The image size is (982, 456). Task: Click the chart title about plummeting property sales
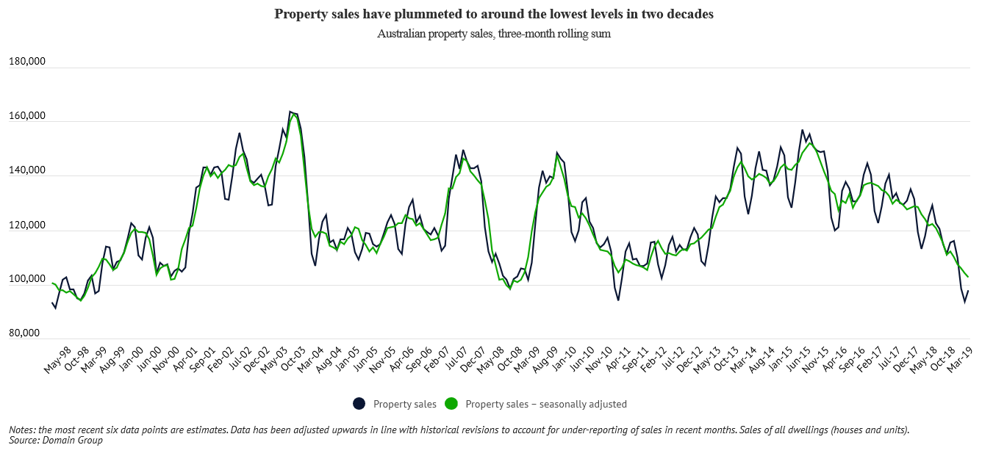494,14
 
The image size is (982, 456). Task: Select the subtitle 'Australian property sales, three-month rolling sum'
494,34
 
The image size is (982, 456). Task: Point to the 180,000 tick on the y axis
27,62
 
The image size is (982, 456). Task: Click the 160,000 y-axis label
27,116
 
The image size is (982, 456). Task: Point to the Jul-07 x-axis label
458,359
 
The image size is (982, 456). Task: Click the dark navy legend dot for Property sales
359,403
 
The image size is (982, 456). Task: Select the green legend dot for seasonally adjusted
452,403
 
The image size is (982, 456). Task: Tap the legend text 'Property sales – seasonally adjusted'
546,404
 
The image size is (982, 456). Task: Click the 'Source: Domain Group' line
56,441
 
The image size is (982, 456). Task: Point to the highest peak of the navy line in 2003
290,112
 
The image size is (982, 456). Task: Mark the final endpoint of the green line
968,277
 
